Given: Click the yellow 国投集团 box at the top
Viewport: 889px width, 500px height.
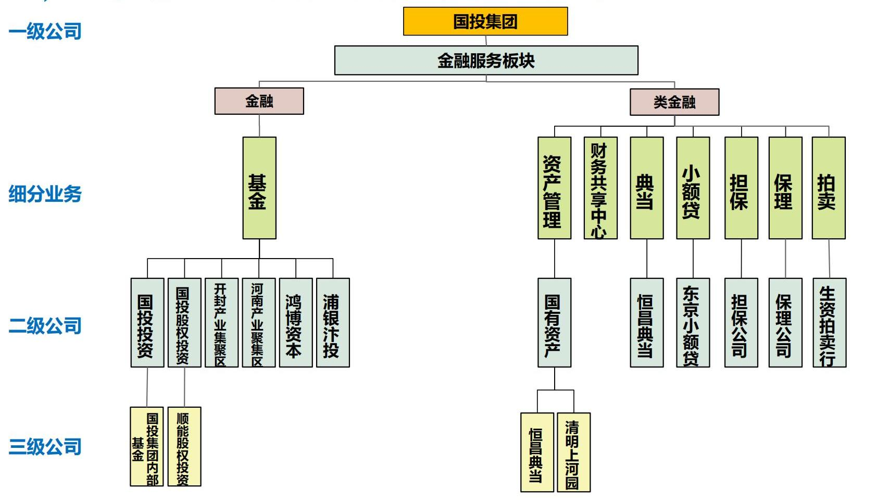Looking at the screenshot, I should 485,21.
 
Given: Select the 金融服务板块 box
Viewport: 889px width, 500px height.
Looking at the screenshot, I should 486,60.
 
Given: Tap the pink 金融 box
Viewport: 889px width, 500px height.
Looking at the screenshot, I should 259,101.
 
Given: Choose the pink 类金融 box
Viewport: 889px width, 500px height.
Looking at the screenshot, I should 674,102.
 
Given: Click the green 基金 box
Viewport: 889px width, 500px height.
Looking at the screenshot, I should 259,188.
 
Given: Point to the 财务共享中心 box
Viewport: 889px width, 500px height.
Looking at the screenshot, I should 600,188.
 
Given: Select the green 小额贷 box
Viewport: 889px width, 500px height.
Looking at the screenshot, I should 692,188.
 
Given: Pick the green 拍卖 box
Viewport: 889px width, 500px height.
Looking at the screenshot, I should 828,188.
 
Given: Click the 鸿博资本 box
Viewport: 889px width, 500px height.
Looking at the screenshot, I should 295,323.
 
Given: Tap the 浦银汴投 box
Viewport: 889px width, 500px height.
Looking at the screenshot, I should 333,323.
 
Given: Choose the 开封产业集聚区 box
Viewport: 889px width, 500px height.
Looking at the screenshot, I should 221,323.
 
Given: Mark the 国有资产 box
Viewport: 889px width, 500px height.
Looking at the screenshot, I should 554,323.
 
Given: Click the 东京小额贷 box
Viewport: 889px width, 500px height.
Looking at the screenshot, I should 692,323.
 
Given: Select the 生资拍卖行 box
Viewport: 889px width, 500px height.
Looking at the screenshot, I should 829,323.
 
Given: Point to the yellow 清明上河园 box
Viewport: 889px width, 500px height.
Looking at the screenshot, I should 573,452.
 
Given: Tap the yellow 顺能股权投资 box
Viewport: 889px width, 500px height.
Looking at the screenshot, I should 184,447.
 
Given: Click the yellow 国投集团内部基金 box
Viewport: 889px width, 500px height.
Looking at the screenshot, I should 147,447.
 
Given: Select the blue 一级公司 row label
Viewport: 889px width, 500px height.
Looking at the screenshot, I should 45,31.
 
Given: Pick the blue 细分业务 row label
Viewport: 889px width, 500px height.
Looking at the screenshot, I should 45,194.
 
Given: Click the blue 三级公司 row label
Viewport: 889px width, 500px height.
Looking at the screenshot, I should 45,447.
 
